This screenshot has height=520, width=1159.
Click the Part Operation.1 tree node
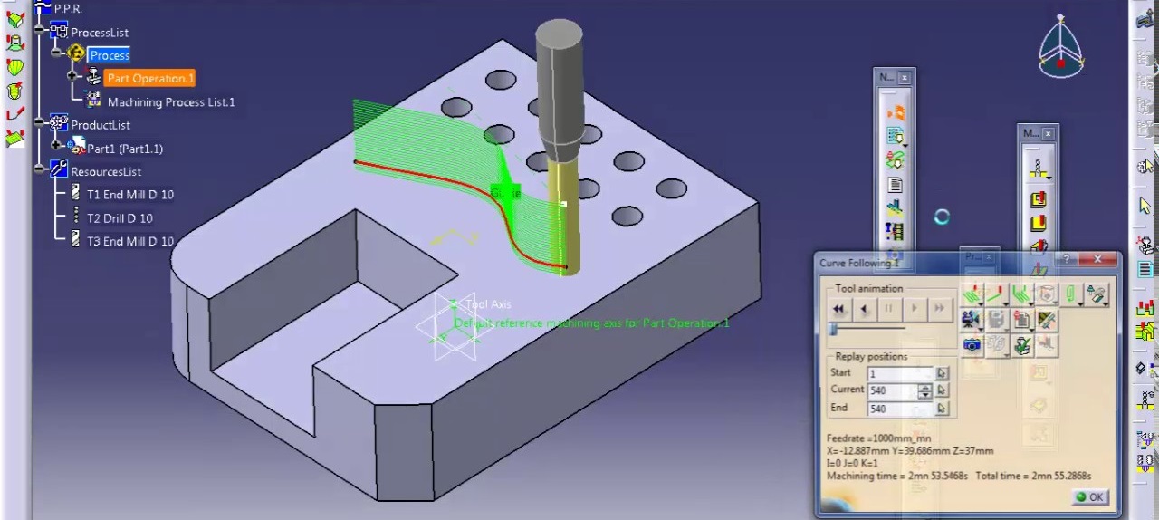coord(150,79)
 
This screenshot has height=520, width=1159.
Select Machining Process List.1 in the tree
coord(170,102)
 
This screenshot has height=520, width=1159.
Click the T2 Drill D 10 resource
coord(120,218)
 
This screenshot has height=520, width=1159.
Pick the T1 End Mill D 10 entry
coord(129,195)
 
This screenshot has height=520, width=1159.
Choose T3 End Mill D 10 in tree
coord(129,242)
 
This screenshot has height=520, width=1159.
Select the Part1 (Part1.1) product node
coord(124,149)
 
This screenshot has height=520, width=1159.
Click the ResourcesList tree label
coord(106,172)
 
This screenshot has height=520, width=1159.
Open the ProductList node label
coord(100,125)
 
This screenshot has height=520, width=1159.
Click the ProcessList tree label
coord(100,33)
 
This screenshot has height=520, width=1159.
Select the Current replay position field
coord(891,390)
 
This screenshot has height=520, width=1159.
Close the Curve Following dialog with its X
coord(1097,261)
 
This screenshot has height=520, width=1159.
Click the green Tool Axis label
coord(488,304)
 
